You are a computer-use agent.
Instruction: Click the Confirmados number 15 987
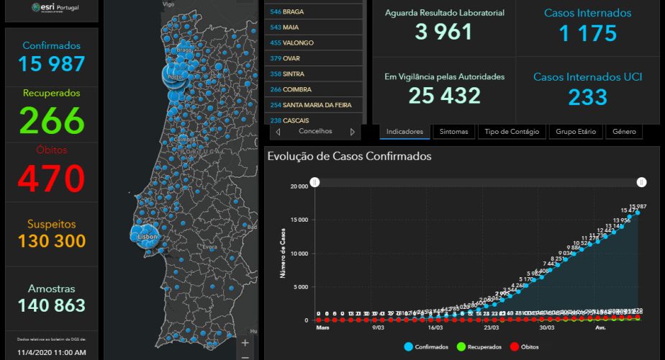[52, 63]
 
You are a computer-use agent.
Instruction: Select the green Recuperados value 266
[52, 120]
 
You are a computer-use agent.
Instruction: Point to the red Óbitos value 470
[52, 178]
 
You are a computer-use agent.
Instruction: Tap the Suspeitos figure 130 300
[52, 241]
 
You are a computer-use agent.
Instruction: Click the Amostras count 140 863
[52, 305]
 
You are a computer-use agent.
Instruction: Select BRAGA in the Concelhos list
[294, 12]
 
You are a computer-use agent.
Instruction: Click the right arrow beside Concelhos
[353, 132]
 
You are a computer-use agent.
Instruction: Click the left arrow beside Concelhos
[278, 132]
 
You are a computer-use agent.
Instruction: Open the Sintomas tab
[454, 132]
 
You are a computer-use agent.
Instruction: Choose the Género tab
[624, 132]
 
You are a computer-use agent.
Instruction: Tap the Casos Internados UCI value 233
[587, 96]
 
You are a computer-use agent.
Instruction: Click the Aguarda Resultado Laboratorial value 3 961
[443, 32]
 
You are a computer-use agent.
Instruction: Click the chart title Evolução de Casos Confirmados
[349, 156]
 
